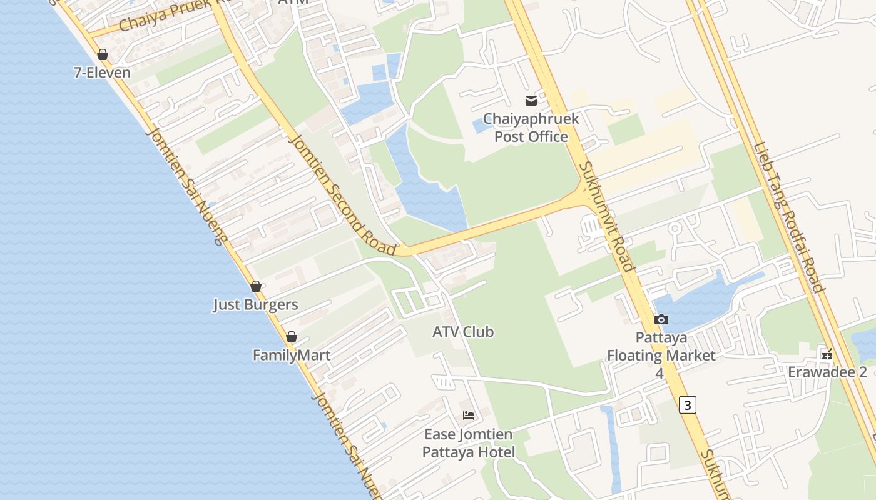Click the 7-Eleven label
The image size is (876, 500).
point(102,72)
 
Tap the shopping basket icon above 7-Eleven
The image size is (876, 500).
point(103,54)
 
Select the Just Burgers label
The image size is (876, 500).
point(255,305)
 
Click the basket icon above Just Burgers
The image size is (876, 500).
point(255,286)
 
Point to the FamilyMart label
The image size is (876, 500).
point(291,356)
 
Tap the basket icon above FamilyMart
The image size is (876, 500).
point(291,337)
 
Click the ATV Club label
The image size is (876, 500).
point(463,332)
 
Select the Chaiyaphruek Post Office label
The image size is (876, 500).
point(531,127)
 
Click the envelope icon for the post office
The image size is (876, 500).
point(531,100)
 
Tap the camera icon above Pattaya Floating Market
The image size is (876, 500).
point(661,320)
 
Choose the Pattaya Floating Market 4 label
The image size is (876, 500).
point(661,355)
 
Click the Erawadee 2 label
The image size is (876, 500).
point(827,372)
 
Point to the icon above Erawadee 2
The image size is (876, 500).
point(827,354)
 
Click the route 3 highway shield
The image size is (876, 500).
point(687,405)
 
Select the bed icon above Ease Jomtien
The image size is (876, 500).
point(468,416)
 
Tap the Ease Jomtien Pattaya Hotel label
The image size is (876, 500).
point(468,443)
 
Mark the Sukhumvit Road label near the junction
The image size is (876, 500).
point(608,217)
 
